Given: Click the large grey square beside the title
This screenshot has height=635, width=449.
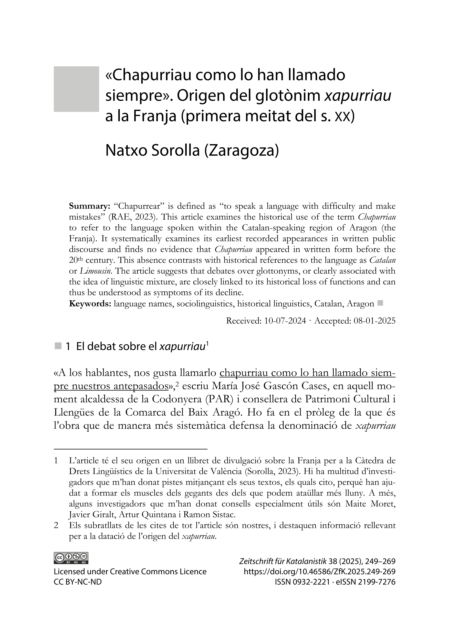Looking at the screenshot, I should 76,89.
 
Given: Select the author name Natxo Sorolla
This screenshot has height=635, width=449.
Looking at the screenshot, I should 152,151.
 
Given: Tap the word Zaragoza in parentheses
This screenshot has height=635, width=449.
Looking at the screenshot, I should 241,151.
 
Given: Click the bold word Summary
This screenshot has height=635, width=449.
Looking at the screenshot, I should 89,206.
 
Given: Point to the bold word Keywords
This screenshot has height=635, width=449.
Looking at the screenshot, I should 90,304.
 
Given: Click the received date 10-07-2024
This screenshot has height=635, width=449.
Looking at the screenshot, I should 285,321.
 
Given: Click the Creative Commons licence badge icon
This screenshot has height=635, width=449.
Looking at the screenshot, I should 71,558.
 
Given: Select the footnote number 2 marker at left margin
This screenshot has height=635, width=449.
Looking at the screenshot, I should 56,525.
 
